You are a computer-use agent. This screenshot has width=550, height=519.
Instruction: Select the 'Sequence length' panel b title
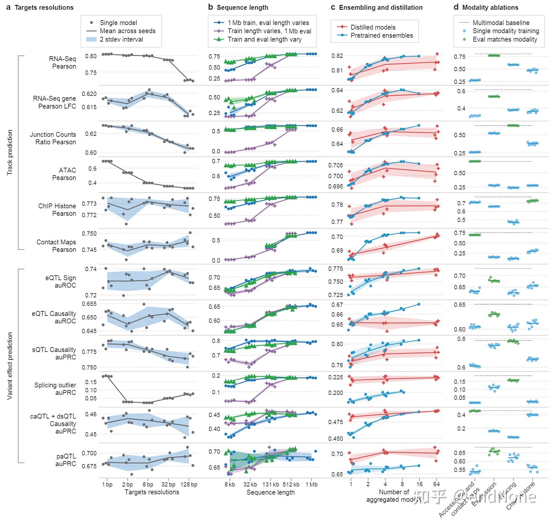pyautogui.click(x=242, y=7)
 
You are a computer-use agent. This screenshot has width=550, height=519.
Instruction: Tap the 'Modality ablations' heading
pyautogui.click(x=490, y=7)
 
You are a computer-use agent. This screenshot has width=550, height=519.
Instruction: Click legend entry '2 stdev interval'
pyautogui.click(x=121, y=39)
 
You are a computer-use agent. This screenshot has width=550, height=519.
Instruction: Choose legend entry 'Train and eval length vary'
pyautogui.click(x=264, y=39)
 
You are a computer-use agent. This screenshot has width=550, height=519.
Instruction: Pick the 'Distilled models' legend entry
pyautogui.click(x=373, y=27)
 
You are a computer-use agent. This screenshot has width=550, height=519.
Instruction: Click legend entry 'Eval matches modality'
pyautogui.click(x=504, y=39)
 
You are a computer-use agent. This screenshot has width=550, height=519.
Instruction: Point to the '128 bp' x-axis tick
pyautogui.click(x=189, y=485)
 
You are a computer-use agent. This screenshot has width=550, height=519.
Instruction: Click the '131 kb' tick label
pyautogui.click(x=271, y=485)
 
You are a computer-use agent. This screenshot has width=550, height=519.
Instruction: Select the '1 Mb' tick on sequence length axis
pyautogui.click(x=311, y=485)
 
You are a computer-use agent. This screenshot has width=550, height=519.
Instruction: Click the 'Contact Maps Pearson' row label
pyautogui.click(x=56, y=246)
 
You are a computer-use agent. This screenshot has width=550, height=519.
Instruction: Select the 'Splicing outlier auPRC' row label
pyautogui.click(x=55, y=389)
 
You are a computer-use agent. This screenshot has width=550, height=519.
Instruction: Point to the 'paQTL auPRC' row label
pyautogui.click(x=65, y=460)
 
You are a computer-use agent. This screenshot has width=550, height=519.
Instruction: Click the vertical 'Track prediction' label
pyautogui.click(x=10, y=152)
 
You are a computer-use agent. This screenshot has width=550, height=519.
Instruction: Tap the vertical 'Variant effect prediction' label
pyautogui.click(x=10, y=366)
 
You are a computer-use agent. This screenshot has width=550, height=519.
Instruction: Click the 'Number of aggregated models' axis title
pyautogui.click(x=394, y=496)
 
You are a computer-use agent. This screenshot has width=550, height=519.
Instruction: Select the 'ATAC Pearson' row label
pyautogui.click(x=64, y=174)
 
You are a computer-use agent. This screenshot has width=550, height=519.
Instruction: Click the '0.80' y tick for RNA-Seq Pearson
pyautogui.click(x=91, y=56)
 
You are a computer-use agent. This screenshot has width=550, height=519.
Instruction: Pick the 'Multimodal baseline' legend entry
pyautogui.click(x=501, y=23)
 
